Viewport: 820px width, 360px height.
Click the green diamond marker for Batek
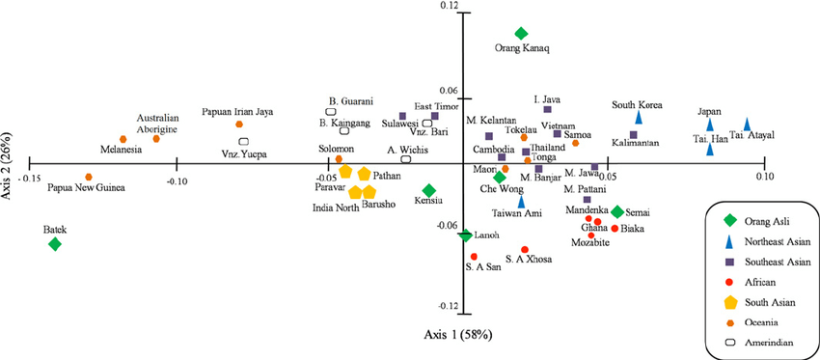click(55, 244)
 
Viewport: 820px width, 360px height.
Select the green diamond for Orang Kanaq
click(521, 34)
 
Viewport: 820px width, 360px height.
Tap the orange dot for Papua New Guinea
click(89, 178)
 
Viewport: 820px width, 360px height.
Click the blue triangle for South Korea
click(638, 116)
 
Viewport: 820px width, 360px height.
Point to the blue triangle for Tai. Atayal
click(747, 125)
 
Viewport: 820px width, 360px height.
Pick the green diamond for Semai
click(617, 212)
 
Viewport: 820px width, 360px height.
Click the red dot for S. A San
click(474, 256)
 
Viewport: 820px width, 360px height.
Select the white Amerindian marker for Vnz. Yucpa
click(243, 142)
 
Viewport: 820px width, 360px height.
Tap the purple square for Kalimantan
click(634, 135)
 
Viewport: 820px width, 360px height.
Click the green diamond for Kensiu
click(428, 190)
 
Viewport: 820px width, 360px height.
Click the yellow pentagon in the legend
click(728, 301)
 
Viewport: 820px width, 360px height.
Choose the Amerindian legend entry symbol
click(728, 342)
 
